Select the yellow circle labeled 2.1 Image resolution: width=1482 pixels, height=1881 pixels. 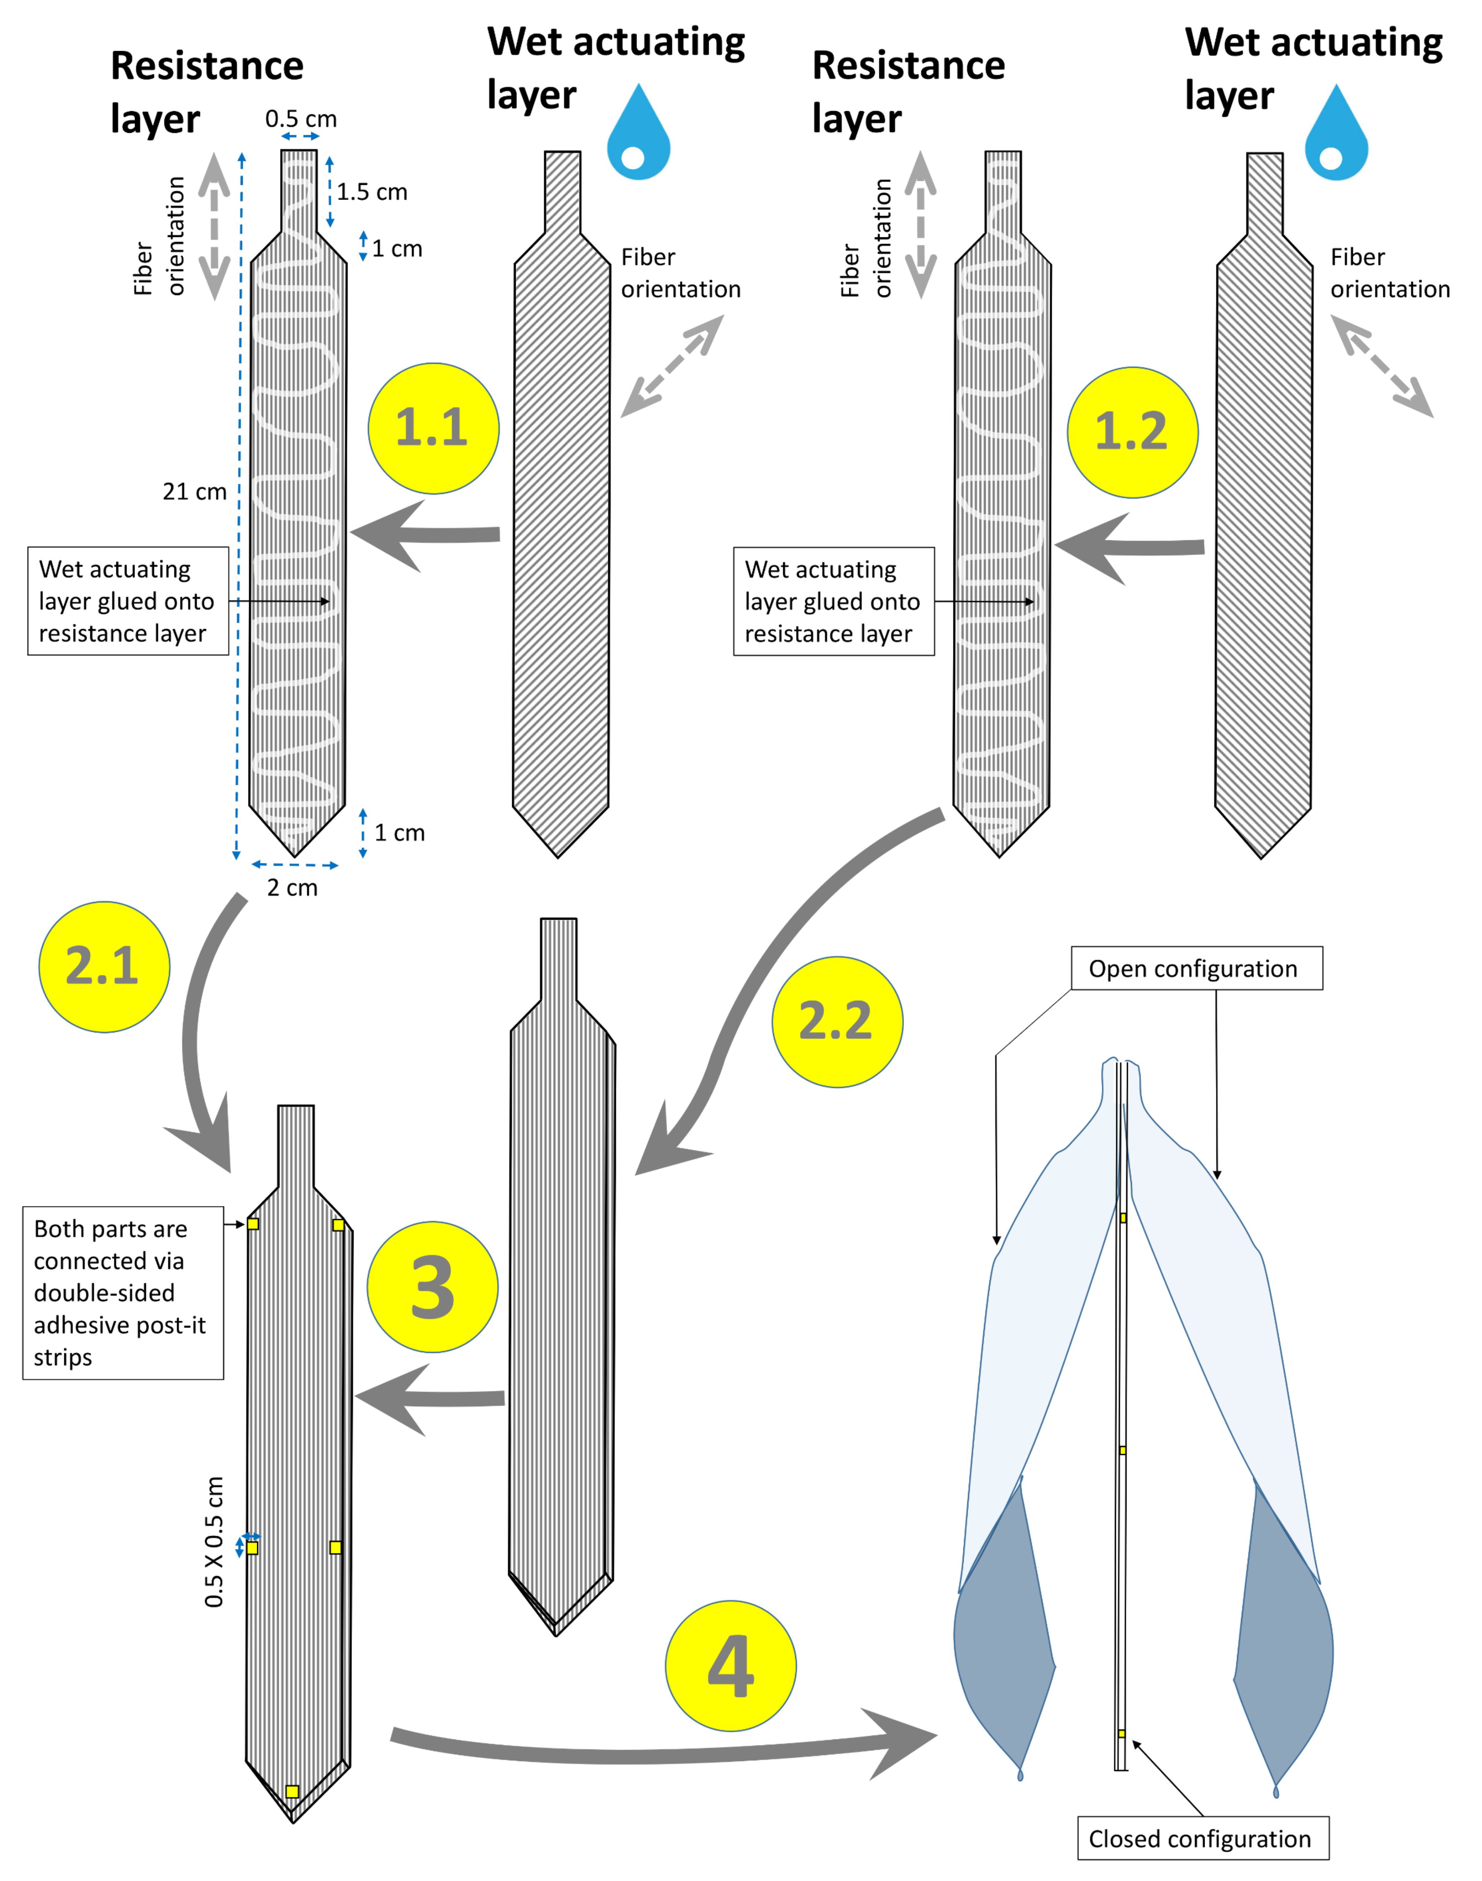[x=104, y=967]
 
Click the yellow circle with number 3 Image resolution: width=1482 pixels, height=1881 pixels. [x=432, y=1287]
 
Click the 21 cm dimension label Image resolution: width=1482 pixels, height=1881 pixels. [x=194, y=492]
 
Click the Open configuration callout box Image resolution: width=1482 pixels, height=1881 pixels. [x=1196, y=968]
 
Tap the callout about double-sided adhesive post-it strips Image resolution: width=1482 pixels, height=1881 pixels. [x=123, y=1292]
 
